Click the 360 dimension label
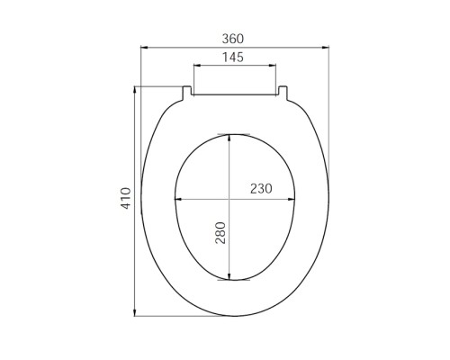click(x=233, y=39)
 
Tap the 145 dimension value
click(x=233, y=57)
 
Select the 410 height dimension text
click(x=126, y=198)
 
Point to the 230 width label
click(x=261, y=189)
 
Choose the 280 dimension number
click(x=220, y=232)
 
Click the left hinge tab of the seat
click(x=187, y=93)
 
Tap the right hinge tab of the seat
click(x=283, y=93)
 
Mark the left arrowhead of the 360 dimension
click(x=145, y=47)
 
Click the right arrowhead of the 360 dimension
click(x=325, y=47)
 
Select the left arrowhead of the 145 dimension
click(x=198, y=65)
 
